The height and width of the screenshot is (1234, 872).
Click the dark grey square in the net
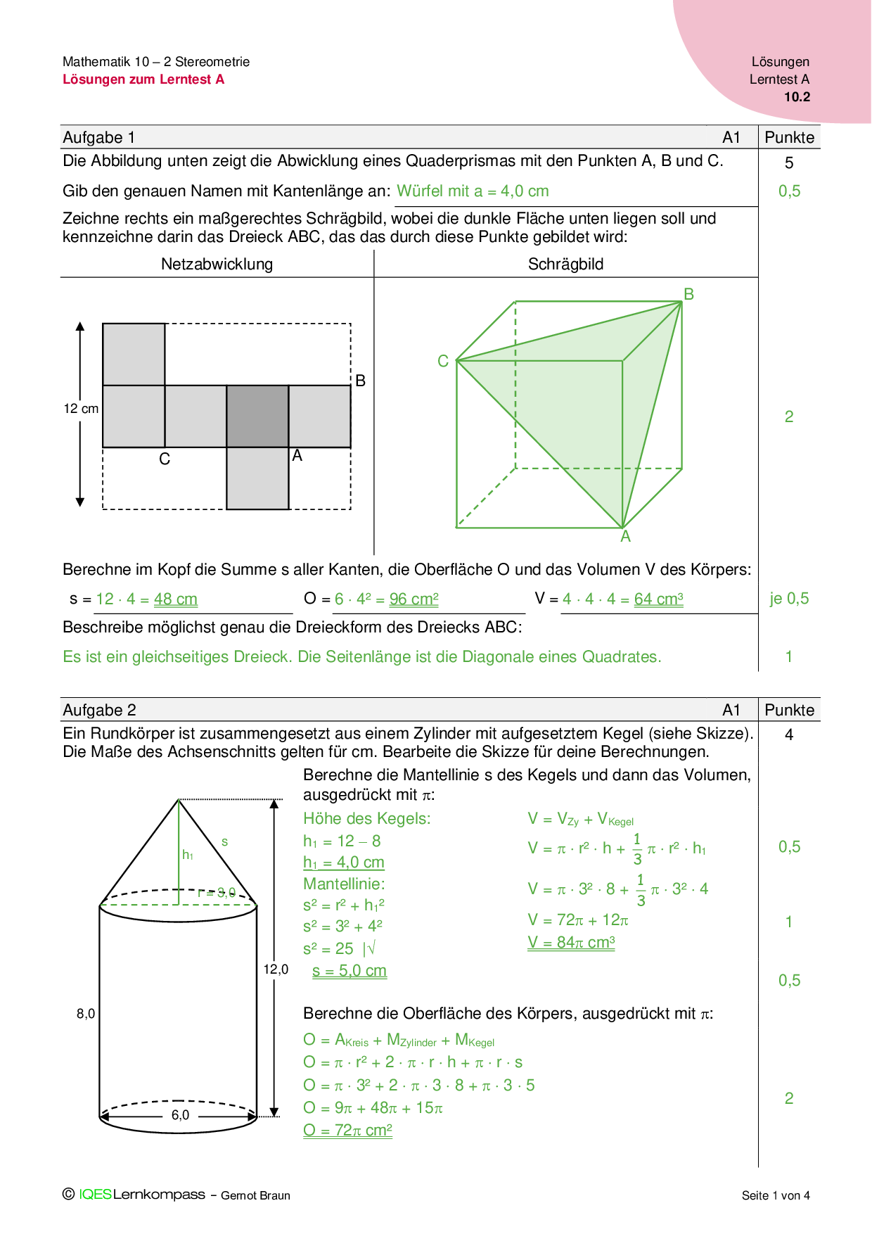coord(257,416)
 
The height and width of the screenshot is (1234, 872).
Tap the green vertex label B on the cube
coord(688,294)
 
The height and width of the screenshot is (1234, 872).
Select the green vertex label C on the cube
coord(443,361)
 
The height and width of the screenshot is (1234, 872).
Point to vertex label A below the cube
coord(625,537)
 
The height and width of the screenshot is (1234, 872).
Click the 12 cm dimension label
coord(81,409)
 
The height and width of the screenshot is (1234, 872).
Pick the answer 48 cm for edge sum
coord(176,599)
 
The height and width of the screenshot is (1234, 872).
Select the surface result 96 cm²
coord(414,599)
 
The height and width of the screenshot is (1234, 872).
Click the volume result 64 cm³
coord(658,599)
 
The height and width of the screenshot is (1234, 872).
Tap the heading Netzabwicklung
coord(217,264)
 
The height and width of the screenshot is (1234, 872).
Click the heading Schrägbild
coord(565,264)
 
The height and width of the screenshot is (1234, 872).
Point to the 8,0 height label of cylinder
coord(86,1014)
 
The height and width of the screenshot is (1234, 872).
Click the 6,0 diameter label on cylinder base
coord(180,1115)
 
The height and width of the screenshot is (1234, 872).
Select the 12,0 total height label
coord(276,969)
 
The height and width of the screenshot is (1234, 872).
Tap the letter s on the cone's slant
coord(224,841)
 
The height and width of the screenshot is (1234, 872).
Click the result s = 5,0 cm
coord(350,971)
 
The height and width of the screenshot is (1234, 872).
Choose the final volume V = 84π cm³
coord(571,943)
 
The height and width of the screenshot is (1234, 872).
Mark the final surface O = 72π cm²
coord(347,1131)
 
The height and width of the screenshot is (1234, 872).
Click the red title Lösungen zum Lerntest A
coord(143,79)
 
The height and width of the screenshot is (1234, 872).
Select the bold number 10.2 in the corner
coord(797,97)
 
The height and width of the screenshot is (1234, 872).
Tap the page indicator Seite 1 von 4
coord(776,1195)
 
